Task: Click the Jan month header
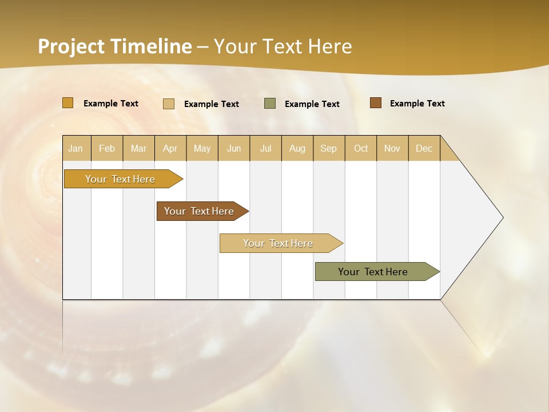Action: tap(75, 148)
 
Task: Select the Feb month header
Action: tap(107, 148)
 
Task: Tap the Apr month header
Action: tap(170, 148)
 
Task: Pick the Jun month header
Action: tap(234, 148)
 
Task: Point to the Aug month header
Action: tap(297, 148)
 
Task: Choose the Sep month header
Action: tap(328, 148)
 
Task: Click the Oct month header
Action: tap(361, 148)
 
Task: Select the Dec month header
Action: tap(424, 148)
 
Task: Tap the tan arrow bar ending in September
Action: tap(279, 243)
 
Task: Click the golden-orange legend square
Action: tap(68, 103)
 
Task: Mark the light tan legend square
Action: tap(169, 104)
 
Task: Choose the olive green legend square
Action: tap(270, 104)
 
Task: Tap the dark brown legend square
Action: tap(376, 103)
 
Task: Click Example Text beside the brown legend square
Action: tap(417, 104)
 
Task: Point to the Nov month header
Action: tap(392, 148)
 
